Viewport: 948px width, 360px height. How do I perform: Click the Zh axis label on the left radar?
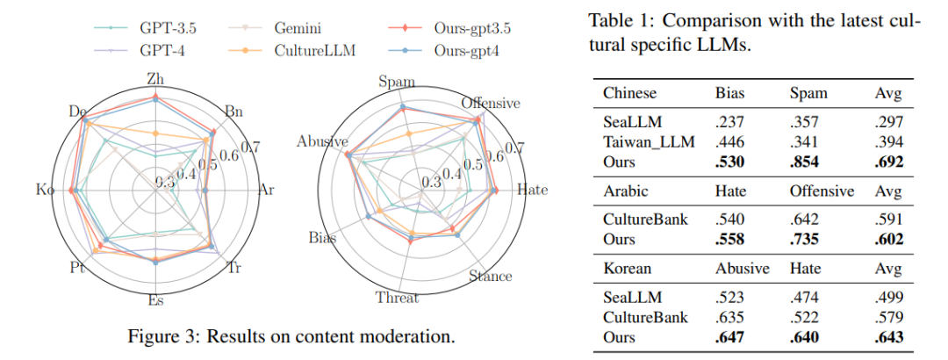coord(155,80)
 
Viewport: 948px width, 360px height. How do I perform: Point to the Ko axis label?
coord(45,191)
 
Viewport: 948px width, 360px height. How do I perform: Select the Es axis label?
coord(155,300)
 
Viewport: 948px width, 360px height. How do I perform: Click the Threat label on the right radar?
coord(397,298)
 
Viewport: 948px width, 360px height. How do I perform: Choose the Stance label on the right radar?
coord(491,277)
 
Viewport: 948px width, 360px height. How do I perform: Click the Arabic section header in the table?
coord(625,191)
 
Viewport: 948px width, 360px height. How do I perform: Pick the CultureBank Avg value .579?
coord(888,318)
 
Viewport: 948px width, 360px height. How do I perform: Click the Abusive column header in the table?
coord(742,269)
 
